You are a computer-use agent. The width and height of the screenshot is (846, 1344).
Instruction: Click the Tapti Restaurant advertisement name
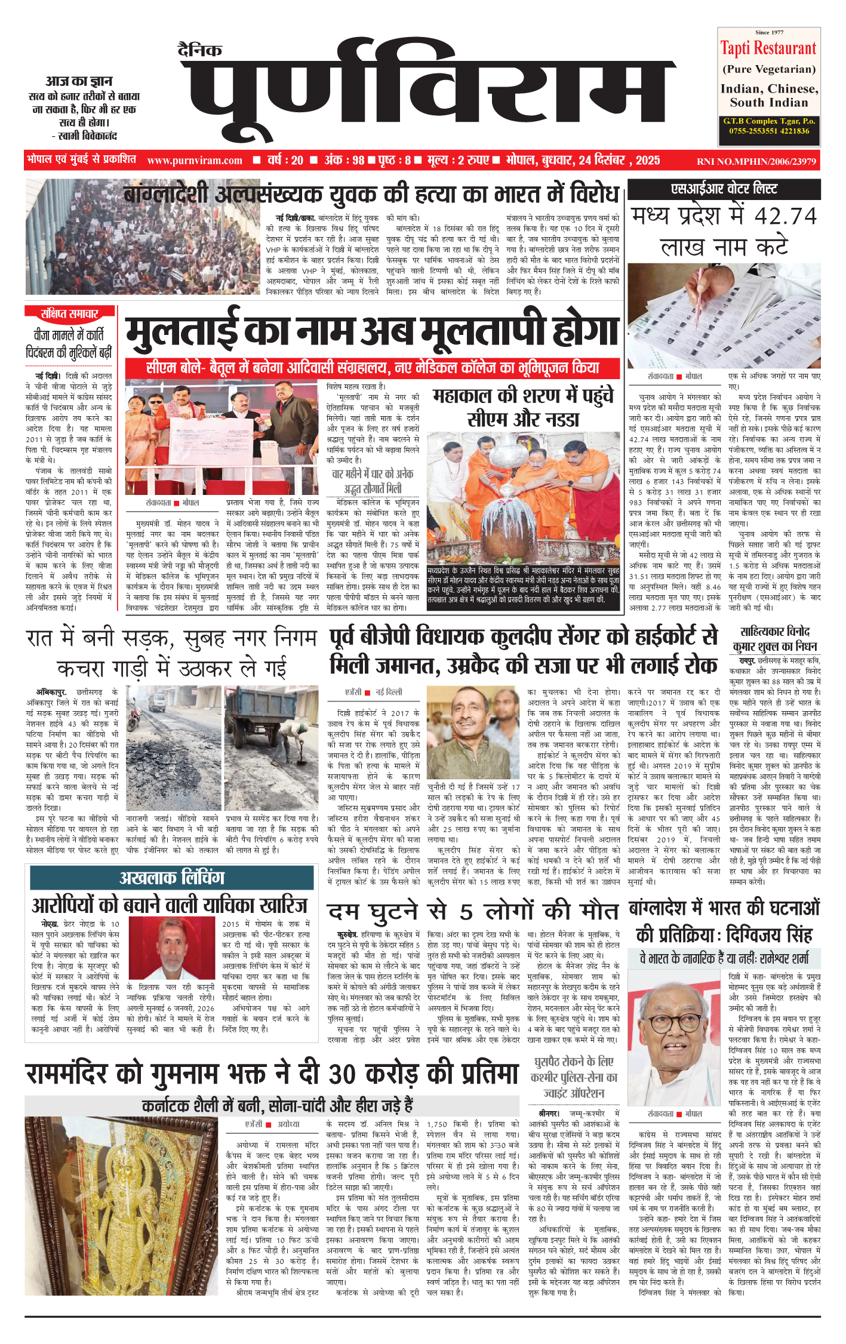point(768,48)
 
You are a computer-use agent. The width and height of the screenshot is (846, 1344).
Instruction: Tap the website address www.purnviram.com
point(195,161)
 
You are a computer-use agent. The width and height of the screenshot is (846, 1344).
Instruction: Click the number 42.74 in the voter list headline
point(786,216)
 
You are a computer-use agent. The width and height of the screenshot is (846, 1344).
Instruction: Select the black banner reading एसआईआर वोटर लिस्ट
point(724,189)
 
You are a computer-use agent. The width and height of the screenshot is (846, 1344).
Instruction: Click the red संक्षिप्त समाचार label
point(69,313)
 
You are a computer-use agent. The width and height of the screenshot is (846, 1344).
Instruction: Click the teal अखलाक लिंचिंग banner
point(173,877)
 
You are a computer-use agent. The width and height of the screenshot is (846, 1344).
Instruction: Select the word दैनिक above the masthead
point(200,50)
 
